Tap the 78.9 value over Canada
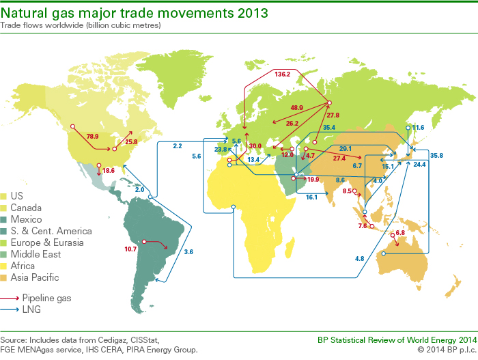click(92, 136)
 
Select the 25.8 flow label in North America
click(130, 142)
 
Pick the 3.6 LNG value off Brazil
click(188, 252)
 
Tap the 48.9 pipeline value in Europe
click(296, 108)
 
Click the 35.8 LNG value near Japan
click(437, 156)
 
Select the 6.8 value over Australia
click(400, 234)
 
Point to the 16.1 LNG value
click(311, 197)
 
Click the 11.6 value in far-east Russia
click(418, 128)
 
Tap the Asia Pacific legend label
click(40, 277)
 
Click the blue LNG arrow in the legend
click(10, 310)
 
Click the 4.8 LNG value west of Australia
click(360, 258)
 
